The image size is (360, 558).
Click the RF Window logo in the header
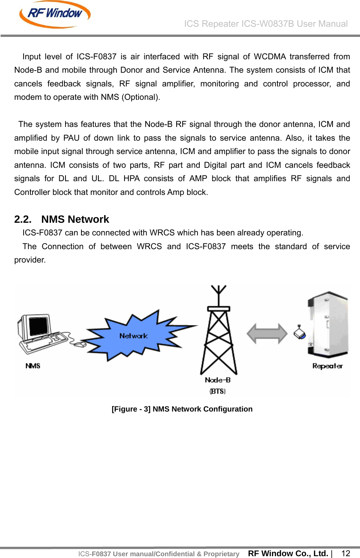click(55, 14)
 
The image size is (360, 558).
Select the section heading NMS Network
click(75, 219)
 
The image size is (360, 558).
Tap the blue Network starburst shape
click(134, 336)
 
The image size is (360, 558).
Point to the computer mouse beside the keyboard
click(80, 344)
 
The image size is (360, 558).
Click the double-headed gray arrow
click(267, 333)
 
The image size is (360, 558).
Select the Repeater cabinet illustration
click(328, 324)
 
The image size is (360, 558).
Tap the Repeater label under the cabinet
click(327, 366)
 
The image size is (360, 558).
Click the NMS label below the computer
click(33, 366)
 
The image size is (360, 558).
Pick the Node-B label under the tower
click(218, 380)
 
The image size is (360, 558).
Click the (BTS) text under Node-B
click(217, 391)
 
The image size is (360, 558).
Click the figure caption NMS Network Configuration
click(182, 409)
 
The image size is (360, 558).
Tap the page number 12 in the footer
click(346, 553)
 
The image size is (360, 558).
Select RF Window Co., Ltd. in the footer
click(288, 553)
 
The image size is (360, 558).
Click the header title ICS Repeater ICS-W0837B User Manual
click(266, 24)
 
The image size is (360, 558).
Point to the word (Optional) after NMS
click(141, 97)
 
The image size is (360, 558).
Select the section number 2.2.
click(22, 219)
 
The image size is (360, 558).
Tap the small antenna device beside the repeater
click(300, 332)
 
